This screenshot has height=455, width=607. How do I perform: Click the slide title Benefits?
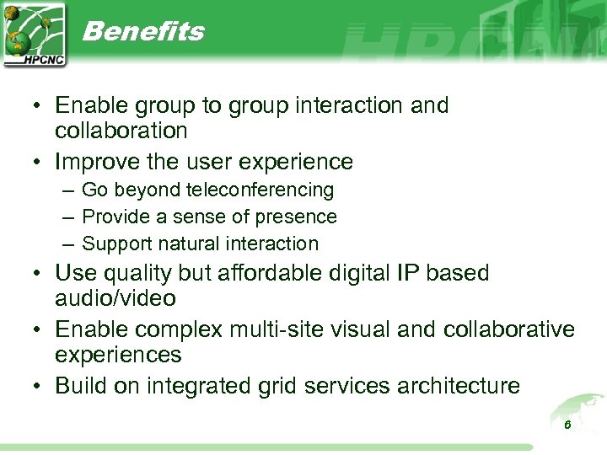tap(143, 31)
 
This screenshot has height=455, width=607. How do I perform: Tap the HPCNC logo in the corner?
tap(35, 34)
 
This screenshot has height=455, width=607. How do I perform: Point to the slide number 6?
tap(567, 425)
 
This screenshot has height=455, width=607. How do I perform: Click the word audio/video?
tap(115, 298)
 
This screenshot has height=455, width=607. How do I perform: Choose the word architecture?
tap(454, 386)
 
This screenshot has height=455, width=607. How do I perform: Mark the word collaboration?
tap(121, 131)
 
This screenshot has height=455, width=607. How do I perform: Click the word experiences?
tap(118, 355)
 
